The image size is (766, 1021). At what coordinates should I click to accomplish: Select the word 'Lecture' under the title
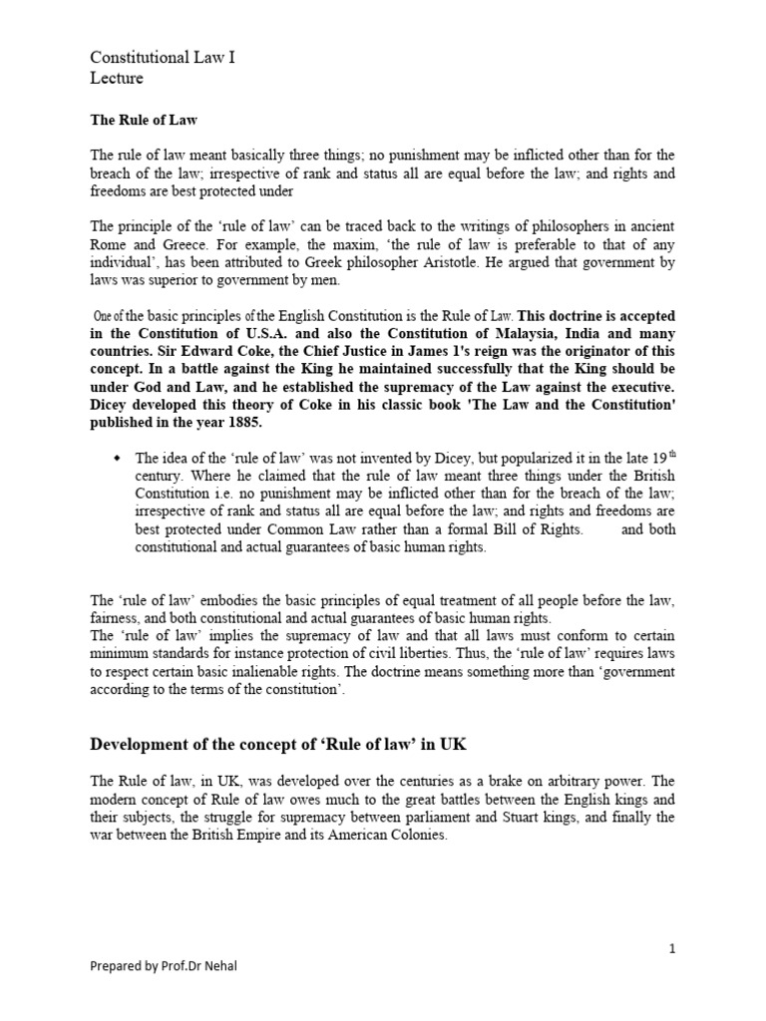117,78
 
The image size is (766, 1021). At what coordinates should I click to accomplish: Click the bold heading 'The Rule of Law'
144,121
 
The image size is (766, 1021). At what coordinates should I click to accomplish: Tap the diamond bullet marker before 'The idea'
118,458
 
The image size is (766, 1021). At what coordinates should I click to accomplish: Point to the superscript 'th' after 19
669,454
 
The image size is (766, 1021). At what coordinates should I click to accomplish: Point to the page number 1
672,948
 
